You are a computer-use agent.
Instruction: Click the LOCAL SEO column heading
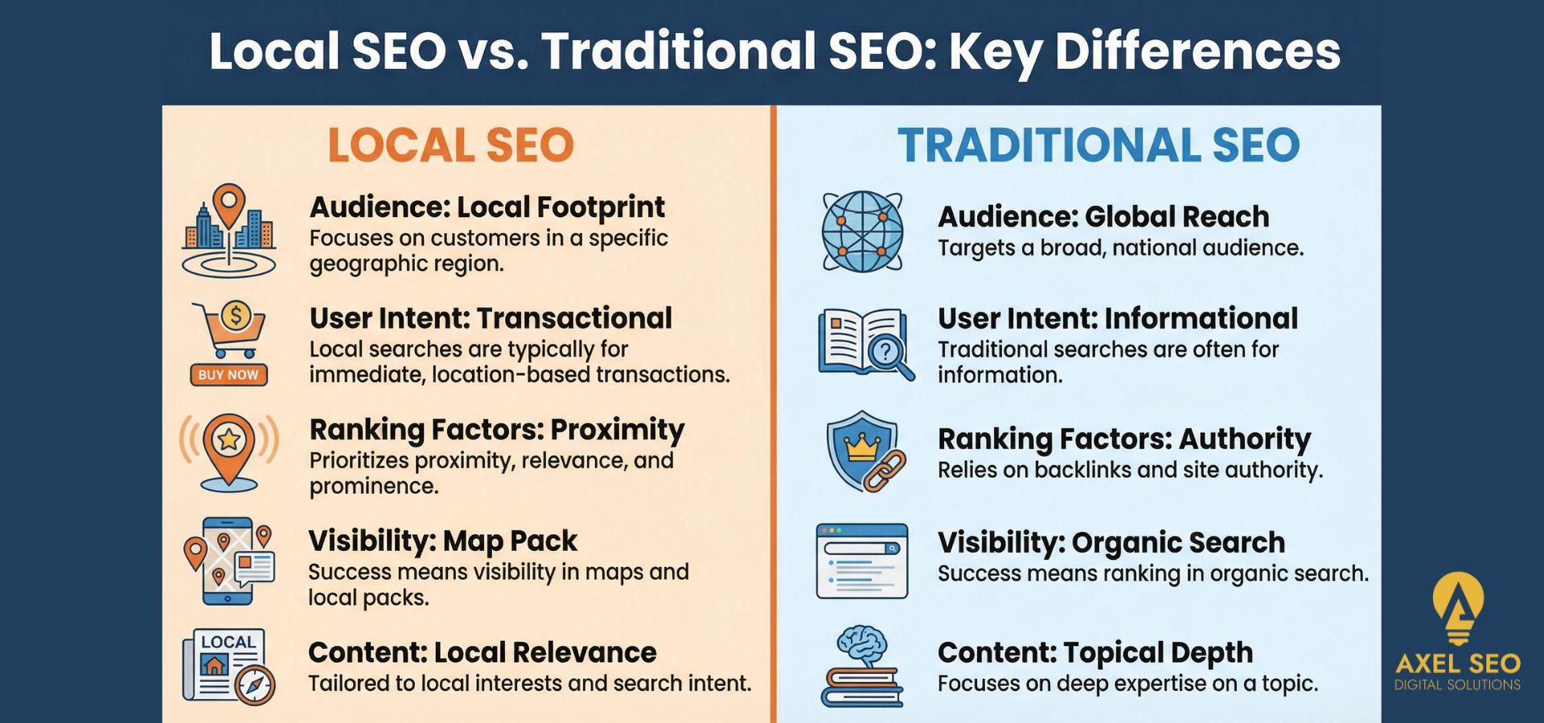[x=450, y=146]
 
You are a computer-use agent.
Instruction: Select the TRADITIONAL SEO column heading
[x=1098, y=146]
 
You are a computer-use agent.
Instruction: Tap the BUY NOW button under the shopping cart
[x=228, y=375]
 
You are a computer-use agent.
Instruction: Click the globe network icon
[x=862, y=231]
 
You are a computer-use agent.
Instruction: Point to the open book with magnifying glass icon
[x=865, y=344]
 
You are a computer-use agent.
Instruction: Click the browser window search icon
[x=862, y=561]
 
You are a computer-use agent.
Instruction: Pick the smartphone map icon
[x=229, y=561]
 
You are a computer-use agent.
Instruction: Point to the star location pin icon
[x=229, y=450]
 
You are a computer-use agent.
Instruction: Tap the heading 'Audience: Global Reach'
[x=1103, y=217]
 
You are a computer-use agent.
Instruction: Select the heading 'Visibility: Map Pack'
[x=442, y=541]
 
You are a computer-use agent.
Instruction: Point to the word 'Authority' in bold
[x=1245, y=439]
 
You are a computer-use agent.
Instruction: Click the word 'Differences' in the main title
[x=1197, y=51]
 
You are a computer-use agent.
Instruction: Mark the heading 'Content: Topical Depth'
[x=1095, y=652]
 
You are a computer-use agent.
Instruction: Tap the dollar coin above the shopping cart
[x=236, y=315]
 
